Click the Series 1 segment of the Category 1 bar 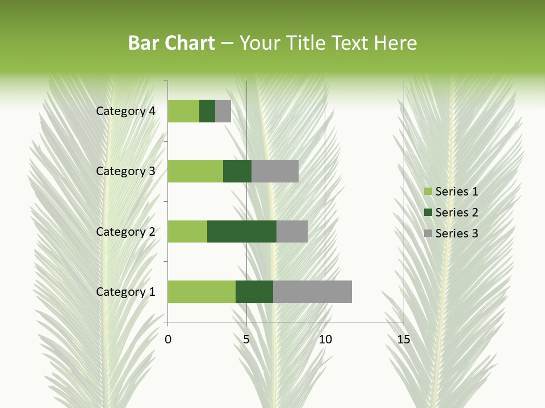pos(202,292)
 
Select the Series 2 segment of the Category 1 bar pos(254,292)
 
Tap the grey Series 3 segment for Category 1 pos(312,292)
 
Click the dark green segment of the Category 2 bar pos(242,231)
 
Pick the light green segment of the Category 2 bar pos(187,231)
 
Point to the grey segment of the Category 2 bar pos(292,231)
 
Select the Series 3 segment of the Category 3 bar pos(275,171)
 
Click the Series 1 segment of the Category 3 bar pos(195,171)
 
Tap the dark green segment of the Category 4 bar pos(207,111)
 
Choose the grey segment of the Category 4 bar pos(223,111)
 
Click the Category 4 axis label pos(125,111)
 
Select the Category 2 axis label pos(125,231)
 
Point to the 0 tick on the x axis pos(168,339)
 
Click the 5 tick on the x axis pos(246,339)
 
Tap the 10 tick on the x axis pos(325,339)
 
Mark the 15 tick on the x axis pos(403,339)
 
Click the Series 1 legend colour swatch pos(428,192)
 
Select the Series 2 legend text pos(456,212)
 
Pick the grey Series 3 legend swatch pos(428,233)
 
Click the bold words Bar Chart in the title pos(171,43)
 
